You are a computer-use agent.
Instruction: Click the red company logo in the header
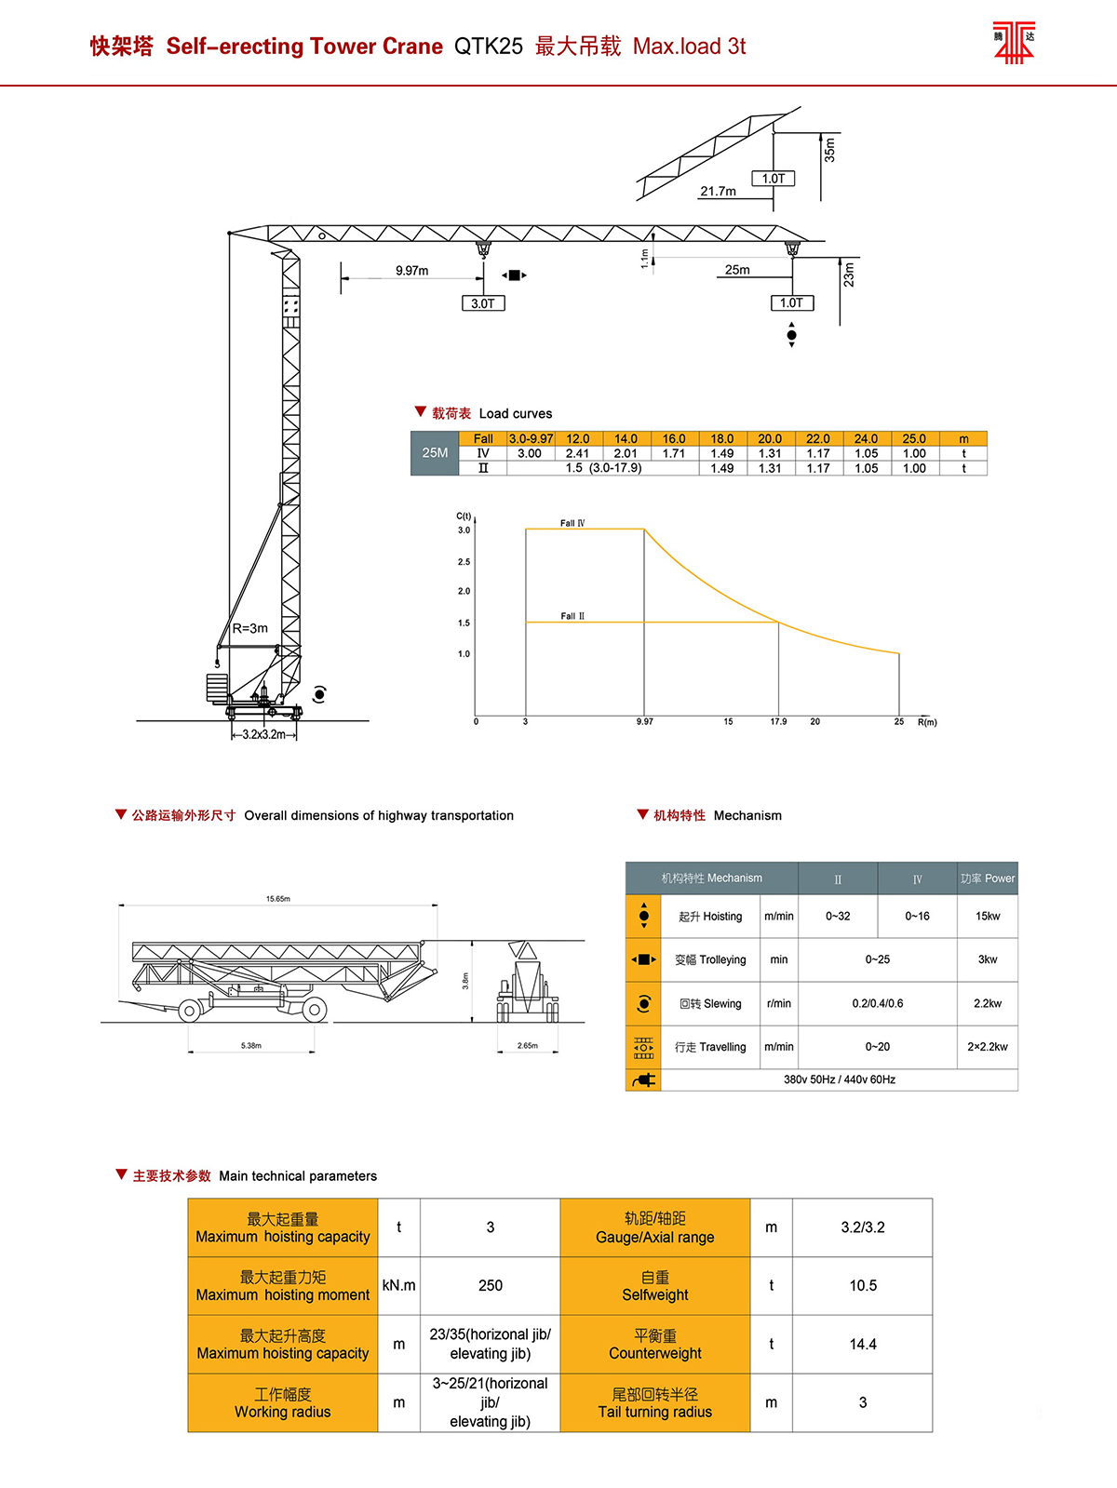coord(1014,42)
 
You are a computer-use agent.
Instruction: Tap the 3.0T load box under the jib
coord(483,303)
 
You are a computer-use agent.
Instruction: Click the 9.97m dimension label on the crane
coord(411,271)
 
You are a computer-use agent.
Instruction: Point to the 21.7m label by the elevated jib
coord(718,192)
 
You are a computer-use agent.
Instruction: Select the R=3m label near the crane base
coord(250,628)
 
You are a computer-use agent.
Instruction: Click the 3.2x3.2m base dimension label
coord(263,734)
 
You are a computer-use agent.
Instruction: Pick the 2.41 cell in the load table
coord(577,453)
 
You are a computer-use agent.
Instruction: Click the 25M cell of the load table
coord(435,453)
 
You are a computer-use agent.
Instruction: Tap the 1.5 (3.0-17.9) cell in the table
coord(603,468)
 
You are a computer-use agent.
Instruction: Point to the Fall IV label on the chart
coord(572,523)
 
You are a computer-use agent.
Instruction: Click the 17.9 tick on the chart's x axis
coord(778,721)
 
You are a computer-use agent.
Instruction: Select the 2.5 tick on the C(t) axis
coord(464,562)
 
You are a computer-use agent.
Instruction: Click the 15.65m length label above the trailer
coord(277,899)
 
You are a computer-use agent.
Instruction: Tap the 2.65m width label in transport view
coord(528,1046)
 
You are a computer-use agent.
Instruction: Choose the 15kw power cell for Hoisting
coord(988,917)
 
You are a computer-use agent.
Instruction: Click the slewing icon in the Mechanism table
coord(643,1003)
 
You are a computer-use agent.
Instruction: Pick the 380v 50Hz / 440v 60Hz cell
coord(839,1079)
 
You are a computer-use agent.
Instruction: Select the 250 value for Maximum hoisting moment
coord(491,1286)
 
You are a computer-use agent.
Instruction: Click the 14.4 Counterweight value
coord(863,1345)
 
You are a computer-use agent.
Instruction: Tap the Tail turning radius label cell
coord(655,1403)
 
